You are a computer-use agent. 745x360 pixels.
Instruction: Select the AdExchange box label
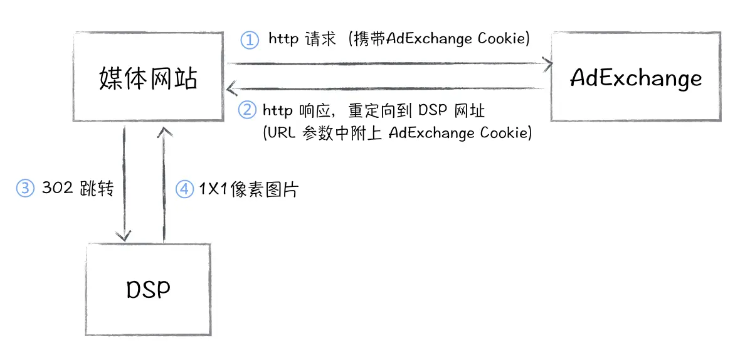tap(636, 78)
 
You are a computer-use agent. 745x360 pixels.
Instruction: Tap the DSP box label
tap(148, 290)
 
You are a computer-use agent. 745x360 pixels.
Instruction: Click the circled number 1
tap(250, 40)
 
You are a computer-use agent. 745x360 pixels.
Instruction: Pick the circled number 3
tap(24, 188)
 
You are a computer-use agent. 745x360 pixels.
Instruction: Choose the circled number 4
tap(184, 189)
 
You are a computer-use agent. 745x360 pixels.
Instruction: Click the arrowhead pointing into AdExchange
tap(550, 63)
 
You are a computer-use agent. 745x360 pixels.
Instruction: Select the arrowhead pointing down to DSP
tap(124, 236)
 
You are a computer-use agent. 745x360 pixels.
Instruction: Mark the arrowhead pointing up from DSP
tap(164, 130)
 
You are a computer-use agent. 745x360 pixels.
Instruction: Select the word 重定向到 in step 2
tap(376, 110)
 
